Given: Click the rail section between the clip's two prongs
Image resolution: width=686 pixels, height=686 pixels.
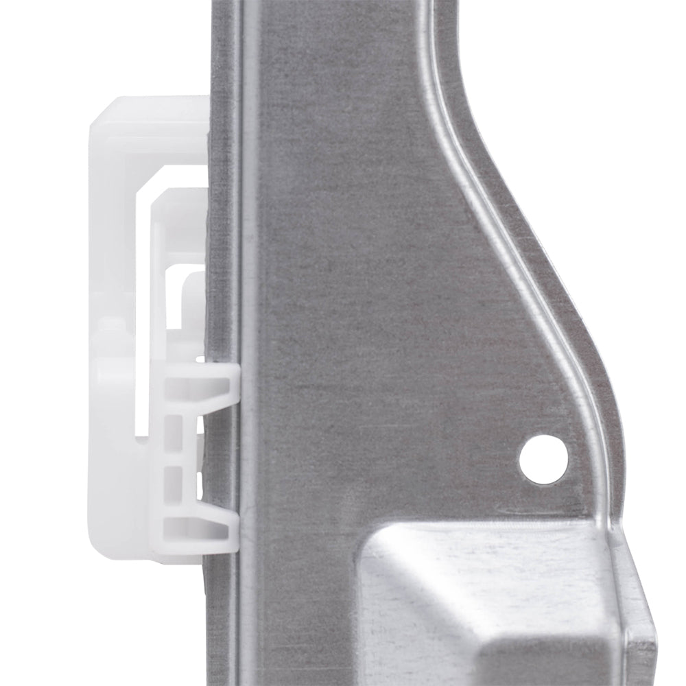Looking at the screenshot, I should (230, 453).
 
